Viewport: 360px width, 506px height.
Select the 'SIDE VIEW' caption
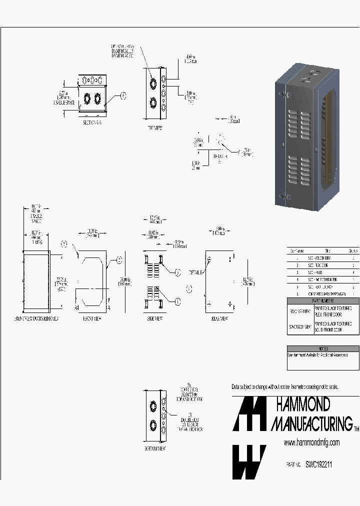click(x=154, y=318)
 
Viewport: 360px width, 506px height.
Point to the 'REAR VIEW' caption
click(x=218, y=318)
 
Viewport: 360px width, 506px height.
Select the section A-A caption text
click(x=91, y=122)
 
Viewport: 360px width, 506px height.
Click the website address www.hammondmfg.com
click(x=311, y=442)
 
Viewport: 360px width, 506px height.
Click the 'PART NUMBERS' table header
click(x=323, y=300)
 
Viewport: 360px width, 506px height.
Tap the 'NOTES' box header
click(x=323, y=348)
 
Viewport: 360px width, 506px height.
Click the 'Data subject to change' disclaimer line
click(x=285, y=387)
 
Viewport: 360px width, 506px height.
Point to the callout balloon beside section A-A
click(x=123, y=95)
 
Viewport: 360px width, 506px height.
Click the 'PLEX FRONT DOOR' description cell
click(x=333, y=312)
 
